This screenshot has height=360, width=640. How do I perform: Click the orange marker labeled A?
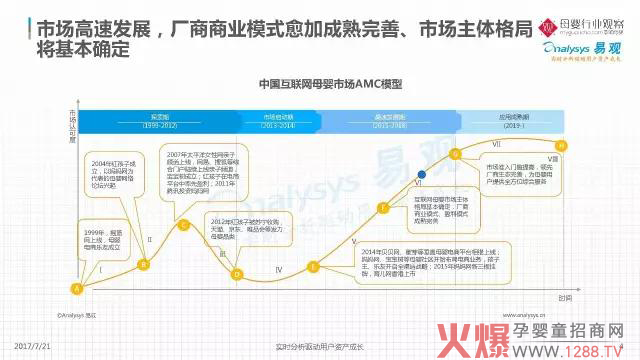tap(76, 289)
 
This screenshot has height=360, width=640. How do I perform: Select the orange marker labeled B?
tap(143, 264)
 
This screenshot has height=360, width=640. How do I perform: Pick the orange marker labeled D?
tap(238, 272)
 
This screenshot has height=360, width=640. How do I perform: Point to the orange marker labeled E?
tap(313, 267)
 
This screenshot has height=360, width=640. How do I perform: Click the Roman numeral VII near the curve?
tap(495, 146)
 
